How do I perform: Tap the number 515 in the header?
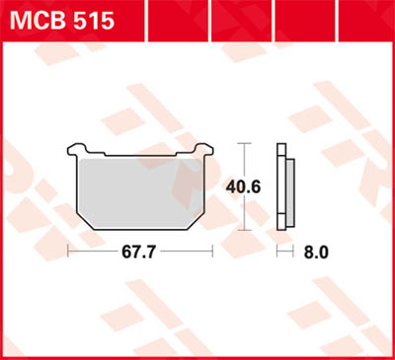[x=94, y=20]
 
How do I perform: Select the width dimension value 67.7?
[x=140, y=252]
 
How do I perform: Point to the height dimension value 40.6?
[x=245, y=185]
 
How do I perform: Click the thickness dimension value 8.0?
[x=315, y=252]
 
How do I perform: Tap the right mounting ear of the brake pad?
[x=206, y=152]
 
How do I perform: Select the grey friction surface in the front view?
[x=140, y=192]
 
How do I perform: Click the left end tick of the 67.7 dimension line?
[x=66, y=252]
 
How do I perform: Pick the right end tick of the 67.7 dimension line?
[x=214, y=252]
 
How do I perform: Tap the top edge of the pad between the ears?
[x=140, y=156]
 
